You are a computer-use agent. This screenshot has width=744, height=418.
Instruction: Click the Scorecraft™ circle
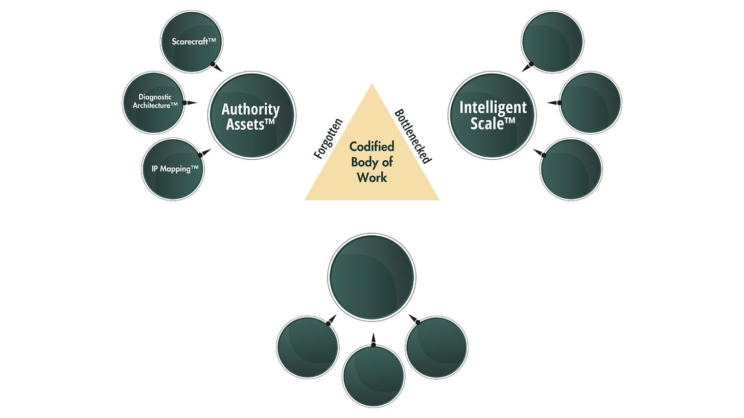(x=192, y=41)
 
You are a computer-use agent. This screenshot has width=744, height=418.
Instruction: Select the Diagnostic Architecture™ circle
(x=153, y=102)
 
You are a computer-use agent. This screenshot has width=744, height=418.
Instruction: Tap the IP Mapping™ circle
(x=173, y=169)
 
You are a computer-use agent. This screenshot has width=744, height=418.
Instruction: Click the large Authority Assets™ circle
(x=251, y=115)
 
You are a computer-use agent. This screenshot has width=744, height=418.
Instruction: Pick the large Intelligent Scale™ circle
(x=492, y=115)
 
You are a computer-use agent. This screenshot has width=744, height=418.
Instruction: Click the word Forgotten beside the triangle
(x=328, y=138)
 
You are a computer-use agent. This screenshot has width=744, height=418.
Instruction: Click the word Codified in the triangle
(x=371, y=147)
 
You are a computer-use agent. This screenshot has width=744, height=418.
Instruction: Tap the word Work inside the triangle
(x=371, y=178)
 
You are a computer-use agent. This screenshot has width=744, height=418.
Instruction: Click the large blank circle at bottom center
(x=371, y=278)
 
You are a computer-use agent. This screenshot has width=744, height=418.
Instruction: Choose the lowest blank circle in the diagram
(x=373, y=376)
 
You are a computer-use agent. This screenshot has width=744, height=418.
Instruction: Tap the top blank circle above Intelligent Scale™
(x=552, y=41)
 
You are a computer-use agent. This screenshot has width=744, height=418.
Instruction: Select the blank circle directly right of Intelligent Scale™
(x=590, y=103)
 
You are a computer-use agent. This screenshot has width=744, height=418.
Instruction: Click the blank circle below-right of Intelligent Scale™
(x=571, y=169)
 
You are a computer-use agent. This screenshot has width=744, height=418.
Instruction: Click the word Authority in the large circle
(x=250, y=109)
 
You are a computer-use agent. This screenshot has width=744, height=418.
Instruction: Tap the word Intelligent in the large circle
(x=493, y=108)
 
